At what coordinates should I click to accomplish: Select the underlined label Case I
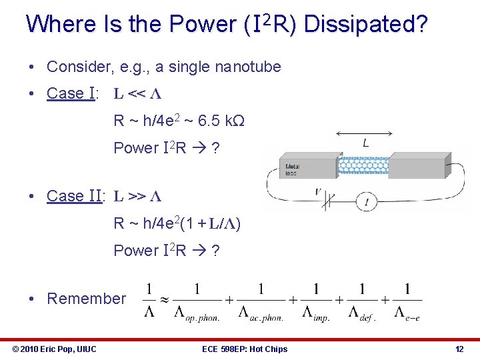(71, 93)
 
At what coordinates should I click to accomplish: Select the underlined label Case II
(73, 196)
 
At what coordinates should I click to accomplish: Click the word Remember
(86, 299)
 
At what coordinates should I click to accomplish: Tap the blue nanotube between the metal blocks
(363, 165)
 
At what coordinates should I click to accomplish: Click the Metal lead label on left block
(292, 169)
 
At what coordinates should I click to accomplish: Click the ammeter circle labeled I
(366, 201)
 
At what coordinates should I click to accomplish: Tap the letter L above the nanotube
(365, 143)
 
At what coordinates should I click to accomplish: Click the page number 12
(459, 349)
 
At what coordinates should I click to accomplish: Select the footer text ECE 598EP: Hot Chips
(246, 349)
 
